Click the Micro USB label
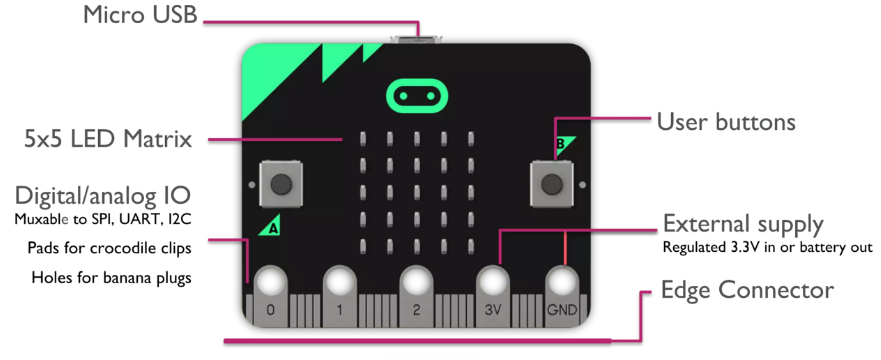click(x=141, y=15)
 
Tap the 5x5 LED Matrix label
click(x=108, y=139)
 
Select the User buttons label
click(x=725, y=122)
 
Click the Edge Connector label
click(x=747, y=290)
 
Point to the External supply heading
click(x=743, y=223)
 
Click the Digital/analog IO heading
click(x=102, y=193)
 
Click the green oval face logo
click(x=413, y=96)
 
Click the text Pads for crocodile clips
click(x=111, y=246)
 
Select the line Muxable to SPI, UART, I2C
click(x=102, y=217)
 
